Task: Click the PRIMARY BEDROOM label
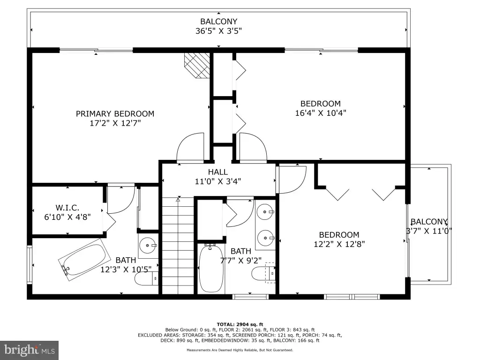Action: pos(115,113)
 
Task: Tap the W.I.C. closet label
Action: pos(67,208)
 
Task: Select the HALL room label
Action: pos(217,172)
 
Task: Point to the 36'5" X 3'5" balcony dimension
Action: pos(218,31)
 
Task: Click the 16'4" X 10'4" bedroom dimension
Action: pos(321,113)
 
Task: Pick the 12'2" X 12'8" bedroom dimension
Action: pos(339,244)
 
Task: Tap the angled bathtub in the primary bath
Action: pos(85,260)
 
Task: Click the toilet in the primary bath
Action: pos(146,278)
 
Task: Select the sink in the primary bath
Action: pos(148,246)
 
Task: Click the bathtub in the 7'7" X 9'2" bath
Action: pos(211,268)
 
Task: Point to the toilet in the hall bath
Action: pos(263,273)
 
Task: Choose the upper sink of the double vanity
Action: pos(265,212)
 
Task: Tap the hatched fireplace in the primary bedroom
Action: pos(197,66)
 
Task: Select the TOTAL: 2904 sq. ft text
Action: pos(240,324)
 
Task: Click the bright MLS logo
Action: pos(30,350)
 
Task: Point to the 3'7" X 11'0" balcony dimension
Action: pos(429,231)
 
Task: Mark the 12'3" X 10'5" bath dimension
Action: pos(126,270)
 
